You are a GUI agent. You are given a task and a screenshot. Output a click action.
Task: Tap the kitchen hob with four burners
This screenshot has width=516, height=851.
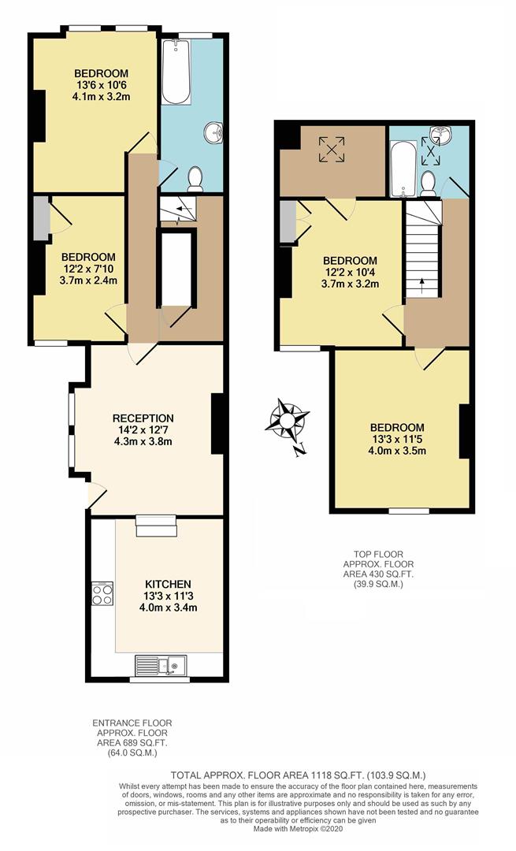pos(102,593)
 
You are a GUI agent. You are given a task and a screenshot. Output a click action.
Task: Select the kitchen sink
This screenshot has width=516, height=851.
pos(159,666)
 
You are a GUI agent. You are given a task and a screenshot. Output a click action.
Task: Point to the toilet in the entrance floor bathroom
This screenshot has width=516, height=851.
pos(195,179)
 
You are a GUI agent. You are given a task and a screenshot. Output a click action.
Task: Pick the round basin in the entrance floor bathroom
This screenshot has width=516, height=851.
pos(212,133)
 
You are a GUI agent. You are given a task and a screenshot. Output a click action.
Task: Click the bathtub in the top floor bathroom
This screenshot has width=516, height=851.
pos(402,168)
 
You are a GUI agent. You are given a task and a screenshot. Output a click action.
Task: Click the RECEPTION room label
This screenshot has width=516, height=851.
pos(143,418)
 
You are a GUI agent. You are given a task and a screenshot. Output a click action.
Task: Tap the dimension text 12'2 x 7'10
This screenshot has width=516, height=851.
pos(89,269)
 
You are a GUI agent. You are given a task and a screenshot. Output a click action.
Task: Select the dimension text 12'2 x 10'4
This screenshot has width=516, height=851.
pos(350,273)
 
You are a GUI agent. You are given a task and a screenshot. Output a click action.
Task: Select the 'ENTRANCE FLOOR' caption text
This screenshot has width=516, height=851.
pos(132,723)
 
